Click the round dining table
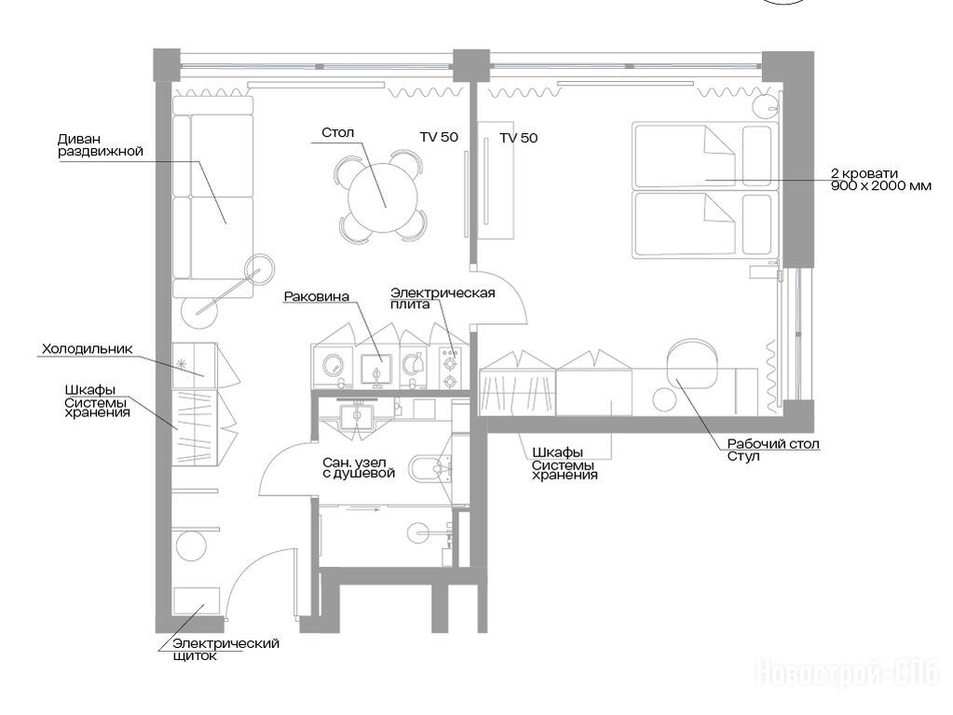pos(383,196)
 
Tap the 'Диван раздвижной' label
pos(101,145)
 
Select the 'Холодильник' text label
pos(87,349)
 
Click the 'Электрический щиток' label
pos(225,649)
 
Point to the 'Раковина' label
pos(317,296)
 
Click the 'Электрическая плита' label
pos(442,298)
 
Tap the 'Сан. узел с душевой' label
pos(359,467)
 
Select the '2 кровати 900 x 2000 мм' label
pos(880,180)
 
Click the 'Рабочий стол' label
pos(773,444)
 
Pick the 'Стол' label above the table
pos(338,132)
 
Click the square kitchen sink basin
pos(376,369)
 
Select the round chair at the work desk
pos(691,360)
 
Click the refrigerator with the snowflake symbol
pos(194,366)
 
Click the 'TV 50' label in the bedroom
pos(519,138)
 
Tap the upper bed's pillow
pos(756,155)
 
